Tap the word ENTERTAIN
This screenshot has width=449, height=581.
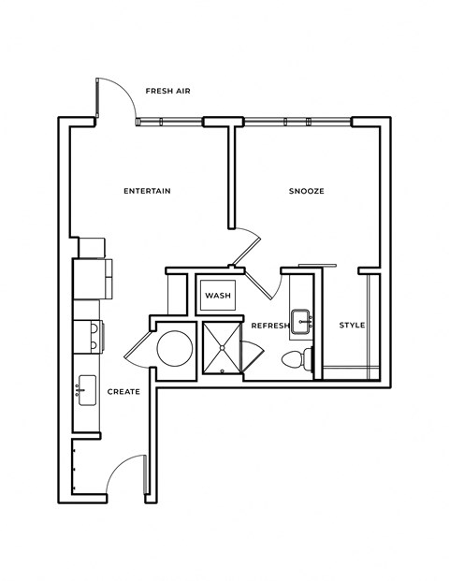tap(147, 191)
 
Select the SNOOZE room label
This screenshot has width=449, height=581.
tap(305, 191)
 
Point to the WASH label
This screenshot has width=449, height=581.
tap(218, 296)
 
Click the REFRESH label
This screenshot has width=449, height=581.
tap(269, 326)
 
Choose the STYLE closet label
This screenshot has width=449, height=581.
tap(351, 326)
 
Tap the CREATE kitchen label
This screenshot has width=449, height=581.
tap(123, 391)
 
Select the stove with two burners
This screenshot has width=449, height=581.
tap(89, 334)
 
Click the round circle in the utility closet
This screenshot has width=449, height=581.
tap(174, 348)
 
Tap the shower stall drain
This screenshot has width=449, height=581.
tap(223, 348)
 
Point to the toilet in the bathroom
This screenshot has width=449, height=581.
tap(297, 359)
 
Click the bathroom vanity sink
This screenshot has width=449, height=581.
tap(302, 321)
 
